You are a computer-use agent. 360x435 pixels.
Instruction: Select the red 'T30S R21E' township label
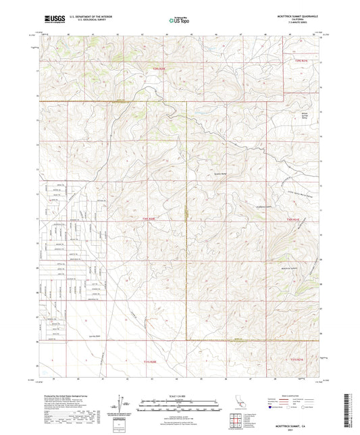point(292,219)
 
